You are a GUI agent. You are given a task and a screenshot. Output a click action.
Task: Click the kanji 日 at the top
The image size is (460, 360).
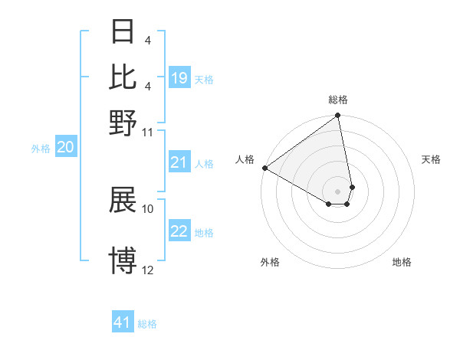pos(123,32)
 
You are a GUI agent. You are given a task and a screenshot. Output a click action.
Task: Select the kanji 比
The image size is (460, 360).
pos(123,77)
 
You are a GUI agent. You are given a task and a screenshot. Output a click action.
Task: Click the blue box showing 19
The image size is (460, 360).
pos(179,77)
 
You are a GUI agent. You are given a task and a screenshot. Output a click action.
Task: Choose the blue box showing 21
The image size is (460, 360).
pos(179,162)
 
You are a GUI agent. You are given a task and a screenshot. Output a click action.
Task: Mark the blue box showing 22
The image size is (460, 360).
pos(179,231)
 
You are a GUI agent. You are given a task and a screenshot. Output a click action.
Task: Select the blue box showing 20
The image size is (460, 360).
pos(65,148)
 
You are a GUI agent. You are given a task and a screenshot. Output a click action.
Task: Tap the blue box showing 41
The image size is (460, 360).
pos(123,322)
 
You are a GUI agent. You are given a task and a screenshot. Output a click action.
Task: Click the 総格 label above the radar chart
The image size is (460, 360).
pos(338,100)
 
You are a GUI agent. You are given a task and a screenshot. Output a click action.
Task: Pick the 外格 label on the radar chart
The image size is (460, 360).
pos(270,262)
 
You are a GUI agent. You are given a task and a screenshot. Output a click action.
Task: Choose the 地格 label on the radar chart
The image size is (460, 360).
pos(402,262)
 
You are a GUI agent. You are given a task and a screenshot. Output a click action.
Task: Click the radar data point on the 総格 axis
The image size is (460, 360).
pos(338,116)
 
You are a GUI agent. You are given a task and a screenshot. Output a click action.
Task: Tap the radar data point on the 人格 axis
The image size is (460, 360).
pos(264,168)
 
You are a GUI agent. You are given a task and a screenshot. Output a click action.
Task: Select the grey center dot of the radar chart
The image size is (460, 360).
pos(338,191)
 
